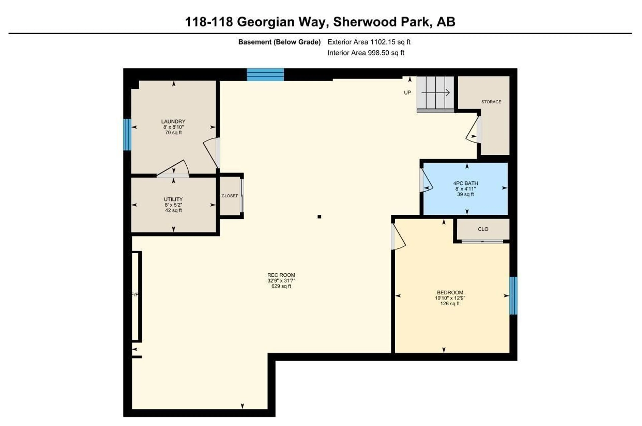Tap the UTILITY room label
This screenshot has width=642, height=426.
[x=173, y=199]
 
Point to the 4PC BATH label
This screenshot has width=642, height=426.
[x=465, y=183]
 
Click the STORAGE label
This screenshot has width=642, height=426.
[x=491, y=102]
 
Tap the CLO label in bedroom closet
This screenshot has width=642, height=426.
[x=483, y=229]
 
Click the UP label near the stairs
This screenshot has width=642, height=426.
[x=407, y=93]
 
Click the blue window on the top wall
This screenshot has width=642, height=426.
[x=265, y=75]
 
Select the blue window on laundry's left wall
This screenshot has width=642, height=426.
[x=127, y=134]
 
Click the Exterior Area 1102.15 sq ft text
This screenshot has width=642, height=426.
[x=369, y=42]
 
